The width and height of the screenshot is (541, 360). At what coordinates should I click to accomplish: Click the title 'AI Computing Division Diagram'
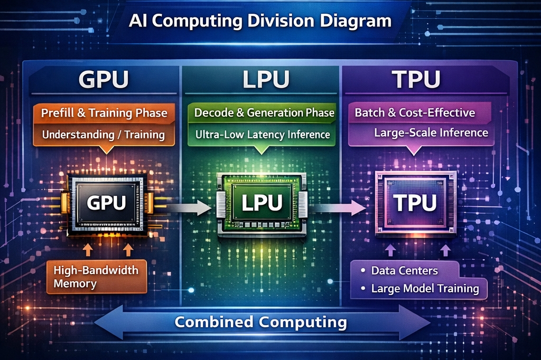[260, 21]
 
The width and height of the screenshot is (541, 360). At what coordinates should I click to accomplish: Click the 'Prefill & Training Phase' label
[104, 113]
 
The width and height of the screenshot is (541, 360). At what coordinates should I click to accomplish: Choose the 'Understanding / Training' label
[103, 134]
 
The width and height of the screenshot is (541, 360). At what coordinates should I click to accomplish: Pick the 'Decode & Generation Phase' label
[264, 112]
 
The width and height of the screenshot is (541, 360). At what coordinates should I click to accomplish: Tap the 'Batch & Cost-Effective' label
[415, 112]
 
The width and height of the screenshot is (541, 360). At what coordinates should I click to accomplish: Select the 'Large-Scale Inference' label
[431, 132]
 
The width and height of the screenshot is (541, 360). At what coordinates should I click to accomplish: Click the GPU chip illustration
[107, 204]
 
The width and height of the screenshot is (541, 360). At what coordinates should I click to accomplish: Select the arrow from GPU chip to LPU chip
[185, 207]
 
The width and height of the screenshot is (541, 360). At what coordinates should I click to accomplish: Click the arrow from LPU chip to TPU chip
[338, 207]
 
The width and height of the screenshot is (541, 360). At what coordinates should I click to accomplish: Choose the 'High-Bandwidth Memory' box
[96, 277]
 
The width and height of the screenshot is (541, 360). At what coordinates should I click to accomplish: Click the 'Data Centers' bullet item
[404, 271]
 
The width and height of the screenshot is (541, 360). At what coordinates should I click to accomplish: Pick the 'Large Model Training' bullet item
[424, 289]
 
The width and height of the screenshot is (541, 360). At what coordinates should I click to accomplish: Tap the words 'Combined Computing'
[260, 322]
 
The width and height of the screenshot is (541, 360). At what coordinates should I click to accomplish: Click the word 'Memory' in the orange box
[75, 283]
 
